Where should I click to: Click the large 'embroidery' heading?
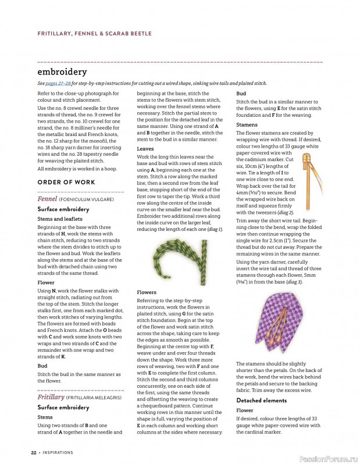tap(62, 72)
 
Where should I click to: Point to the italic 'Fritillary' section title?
tap(51, 397)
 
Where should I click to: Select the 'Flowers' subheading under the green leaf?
tap(147, 292)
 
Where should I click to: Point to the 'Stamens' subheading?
tap(247, 125)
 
